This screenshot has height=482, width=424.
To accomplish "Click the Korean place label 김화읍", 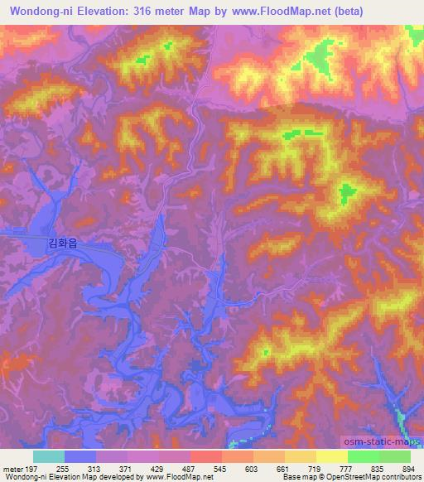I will coord(63,243).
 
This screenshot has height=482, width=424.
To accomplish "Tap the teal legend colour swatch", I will coord(48,456).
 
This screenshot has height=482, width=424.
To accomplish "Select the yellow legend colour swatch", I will coord(331,456).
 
